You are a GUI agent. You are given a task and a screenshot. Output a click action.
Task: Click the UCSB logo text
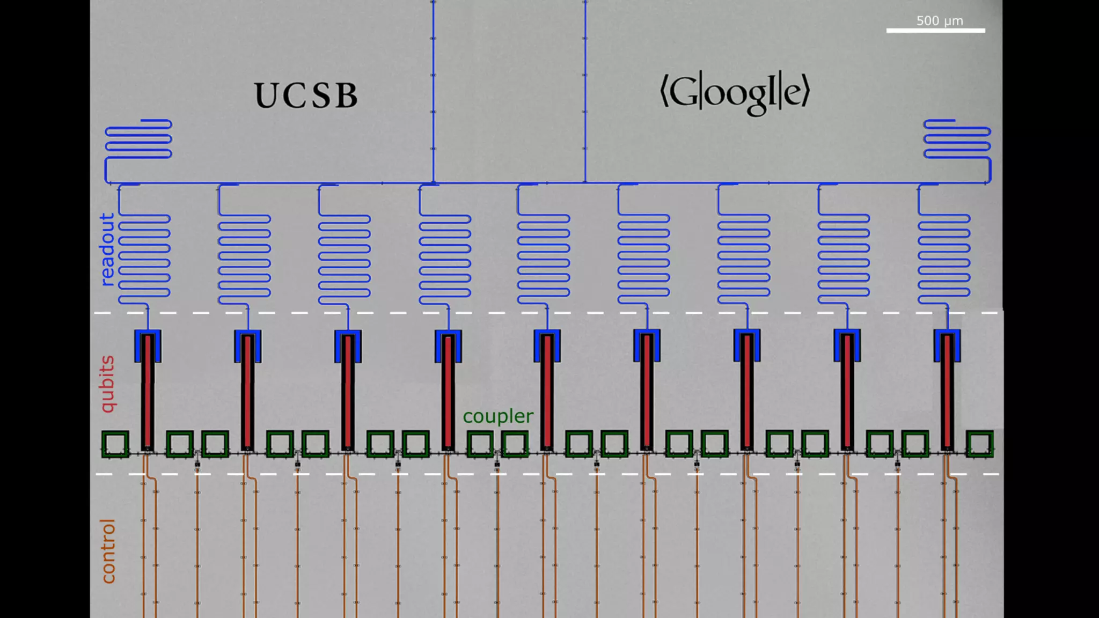[306, 96]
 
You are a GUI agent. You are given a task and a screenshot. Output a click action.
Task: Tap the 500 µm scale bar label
[939, 21]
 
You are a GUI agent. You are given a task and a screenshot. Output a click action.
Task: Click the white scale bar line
[935, 31]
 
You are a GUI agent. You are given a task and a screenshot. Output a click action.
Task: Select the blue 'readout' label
[107, 249]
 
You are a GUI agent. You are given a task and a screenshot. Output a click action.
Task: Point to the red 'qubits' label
[108, 384]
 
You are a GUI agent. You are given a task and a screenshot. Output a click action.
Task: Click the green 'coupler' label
[498, 416]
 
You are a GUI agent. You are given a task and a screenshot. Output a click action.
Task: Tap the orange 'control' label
[108, 551]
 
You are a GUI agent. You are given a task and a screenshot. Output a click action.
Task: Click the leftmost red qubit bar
[148, 392]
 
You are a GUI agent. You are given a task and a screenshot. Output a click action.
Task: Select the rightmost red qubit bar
[947, 392]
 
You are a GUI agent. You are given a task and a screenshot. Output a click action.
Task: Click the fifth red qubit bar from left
[547, 392]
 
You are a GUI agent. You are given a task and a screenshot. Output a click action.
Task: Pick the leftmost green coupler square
[115, 444]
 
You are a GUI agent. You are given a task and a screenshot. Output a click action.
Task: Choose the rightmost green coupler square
[980, 444]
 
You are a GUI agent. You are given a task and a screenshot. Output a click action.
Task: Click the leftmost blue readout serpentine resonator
[144, 256]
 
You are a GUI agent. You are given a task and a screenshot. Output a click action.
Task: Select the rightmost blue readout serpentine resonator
[944, 256]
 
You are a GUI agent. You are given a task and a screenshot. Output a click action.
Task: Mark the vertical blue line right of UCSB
[433, 91]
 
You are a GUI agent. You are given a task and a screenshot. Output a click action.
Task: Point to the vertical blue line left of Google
[585, 91]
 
